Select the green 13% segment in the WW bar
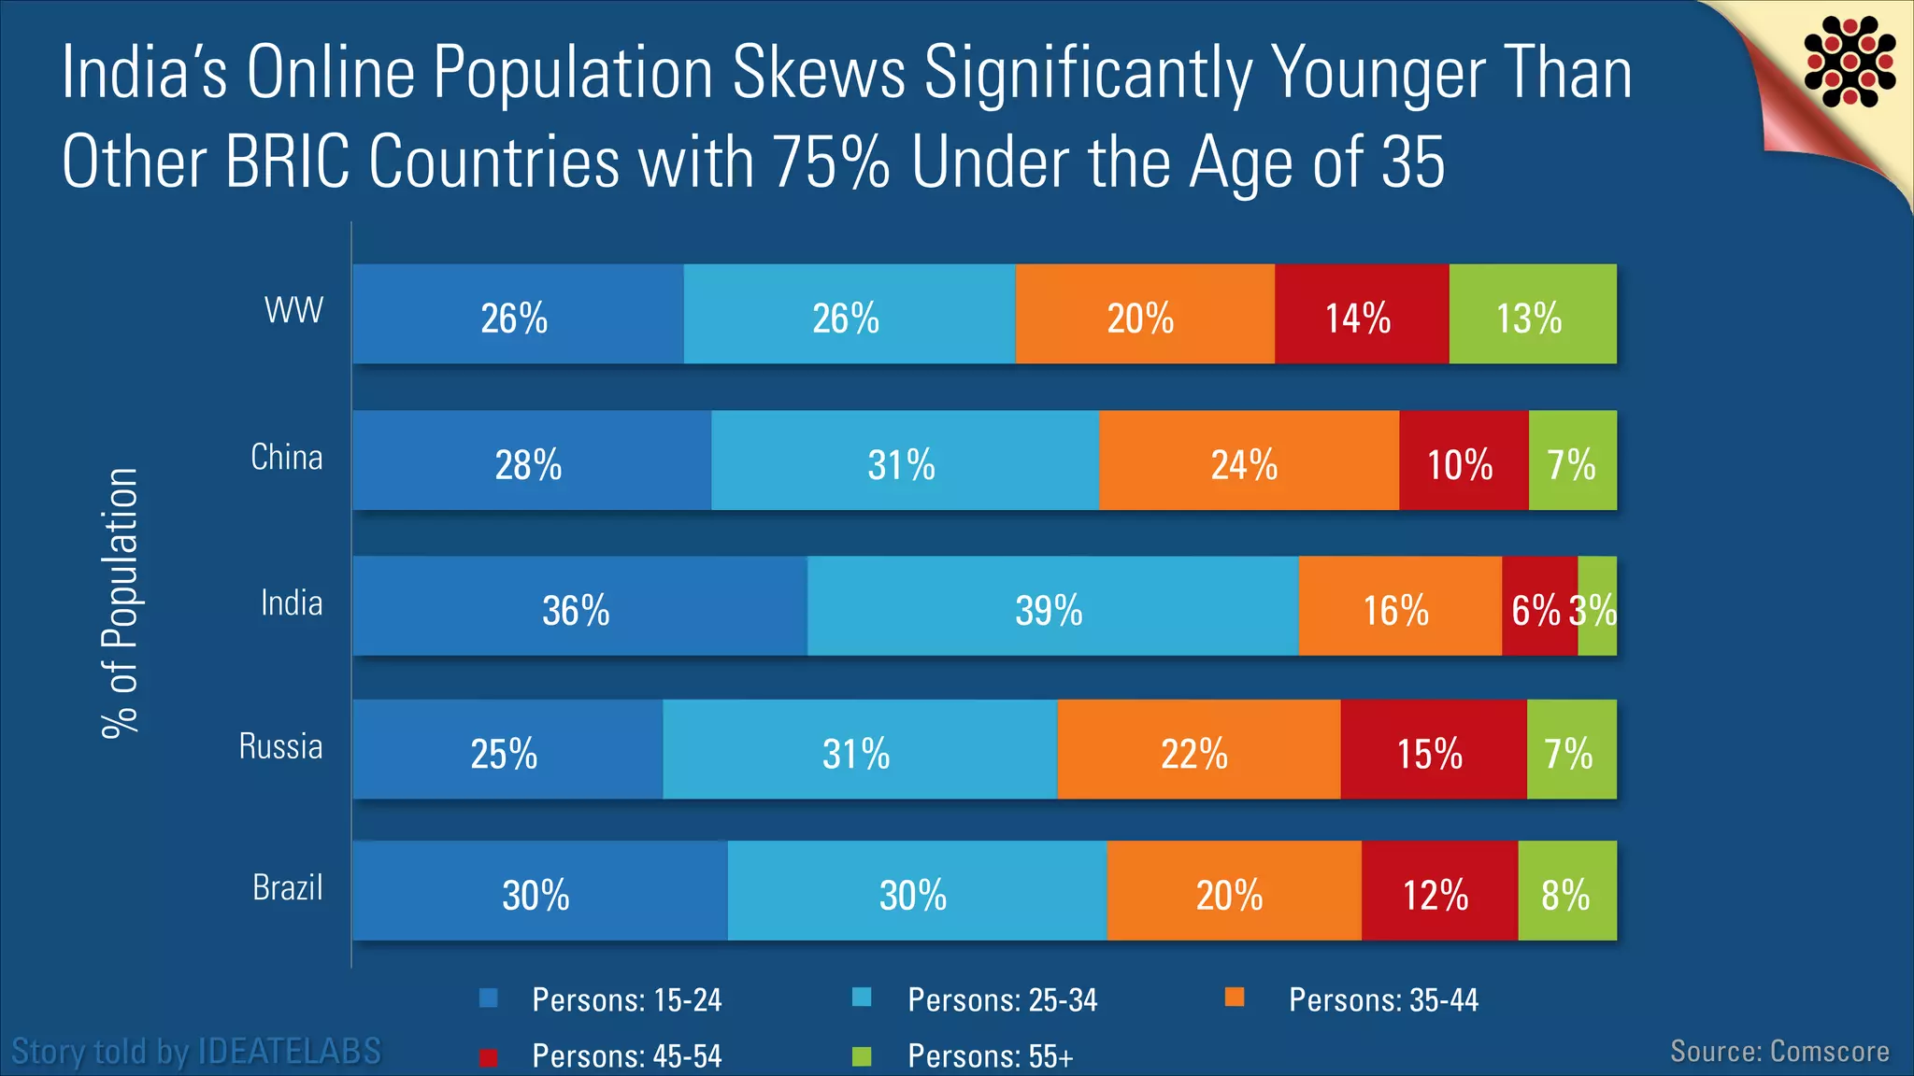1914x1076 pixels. pos(1532,315)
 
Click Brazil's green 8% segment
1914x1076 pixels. pos(1566,891)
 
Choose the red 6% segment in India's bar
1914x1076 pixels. pos(1537,607)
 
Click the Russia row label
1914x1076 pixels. pos(280,746)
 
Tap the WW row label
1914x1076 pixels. pos(293,310)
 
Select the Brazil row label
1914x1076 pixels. pos(287,887)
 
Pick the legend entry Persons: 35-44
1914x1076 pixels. pos(1382,1000)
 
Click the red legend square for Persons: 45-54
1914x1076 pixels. pos(488,1057)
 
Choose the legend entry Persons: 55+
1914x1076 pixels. pos(990,1056)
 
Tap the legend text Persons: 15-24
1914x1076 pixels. pos(626,1000)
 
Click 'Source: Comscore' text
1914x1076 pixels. pos(1779,1052)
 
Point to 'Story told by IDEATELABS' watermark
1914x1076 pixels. pos(196,1052)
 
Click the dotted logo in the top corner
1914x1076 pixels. pos(1850,61)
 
